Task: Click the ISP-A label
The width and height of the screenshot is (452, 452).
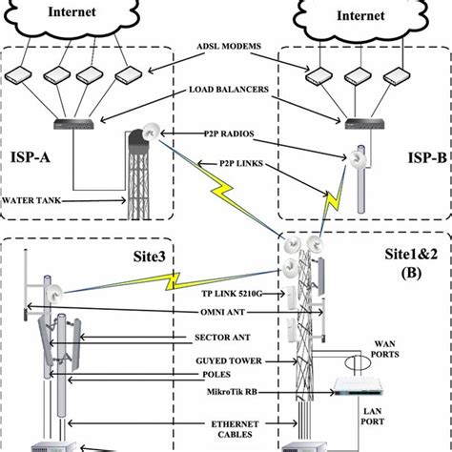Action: point(37,156)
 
